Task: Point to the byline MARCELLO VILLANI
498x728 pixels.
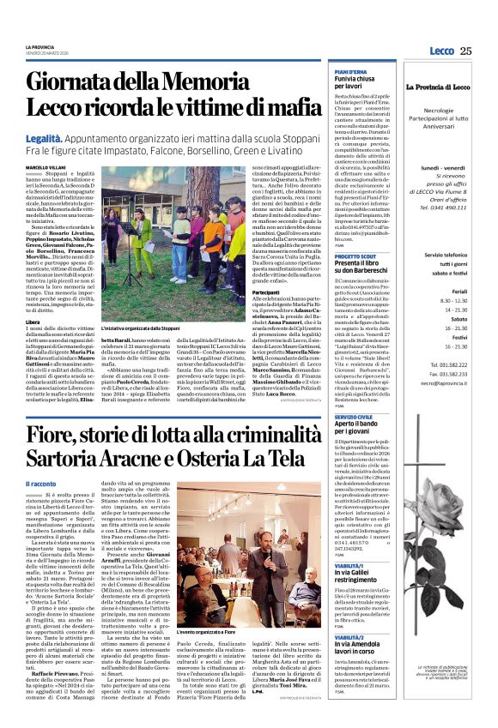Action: [48, 166]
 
